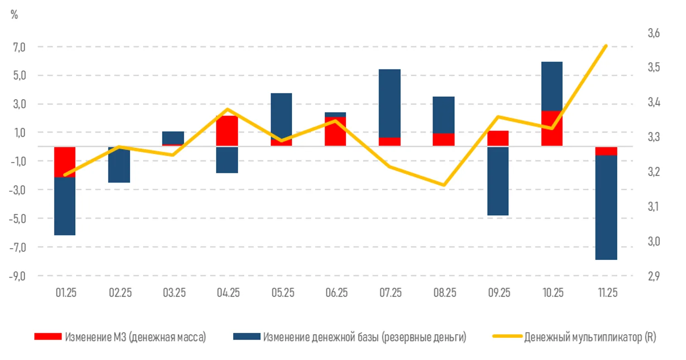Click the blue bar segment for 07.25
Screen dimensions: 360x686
[x=389, y=103]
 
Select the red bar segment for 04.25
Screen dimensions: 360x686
[x=227, y=130]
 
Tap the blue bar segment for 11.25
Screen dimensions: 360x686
[x=606, y=207]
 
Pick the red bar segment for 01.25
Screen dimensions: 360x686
[x=65, y=162]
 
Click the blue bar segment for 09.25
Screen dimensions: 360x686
[x=498, y=181]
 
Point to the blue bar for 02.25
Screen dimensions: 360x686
[x=119, y=165]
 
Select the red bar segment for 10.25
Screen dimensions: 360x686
[x=552, y=128]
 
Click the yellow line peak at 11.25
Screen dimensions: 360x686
[x=606, y=46]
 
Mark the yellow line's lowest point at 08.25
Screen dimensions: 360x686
[x=444, y=185]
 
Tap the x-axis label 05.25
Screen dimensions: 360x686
[x=283, y=293]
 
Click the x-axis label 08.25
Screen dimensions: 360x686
[x=445, y=293]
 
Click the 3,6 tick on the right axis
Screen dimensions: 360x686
[x=653, y=33]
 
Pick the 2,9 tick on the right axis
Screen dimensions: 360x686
[x=653, y=276]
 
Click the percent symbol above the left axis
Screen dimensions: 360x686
[x=14, y=15]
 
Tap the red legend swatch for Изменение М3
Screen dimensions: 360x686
[x=48, y=336]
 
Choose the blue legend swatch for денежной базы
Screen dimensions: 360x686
[x=246, y=336]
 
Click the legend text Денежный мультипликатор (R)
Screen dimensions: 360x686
[x=590, y=337]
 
